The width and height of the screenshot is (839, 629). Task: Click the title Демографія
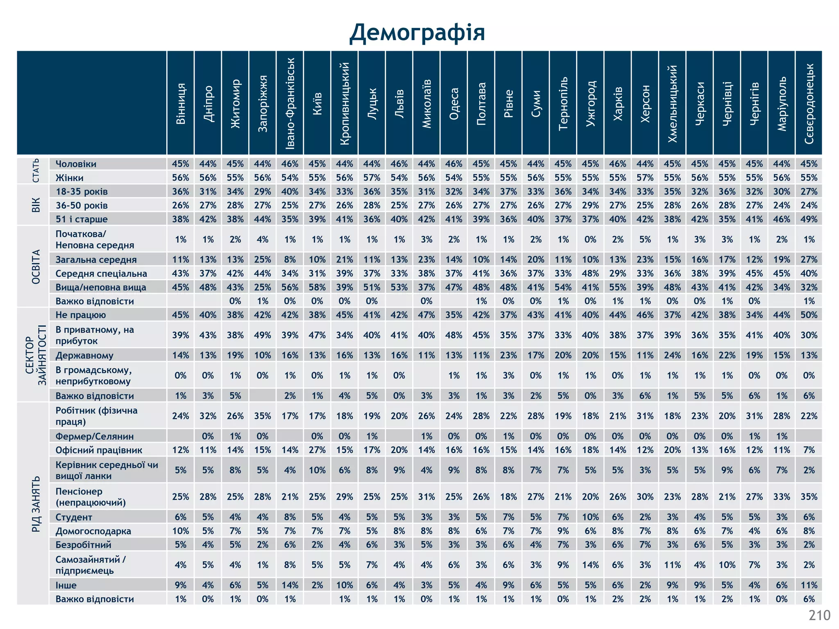pos(417,33)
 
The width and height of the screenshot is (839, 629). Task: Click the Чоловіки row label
pos(76,164)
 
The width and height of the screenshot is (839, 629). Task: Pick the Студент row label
pos(74,517)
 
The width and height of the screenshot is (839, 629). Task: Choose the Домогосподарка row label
pos(93,531)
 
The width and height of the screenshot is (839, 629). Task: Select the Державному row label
pos(84,355)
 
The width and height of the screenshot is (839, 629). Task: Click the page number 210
pos(819,615)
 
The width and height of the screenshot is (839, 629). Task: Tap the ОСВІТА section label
pos(36,267)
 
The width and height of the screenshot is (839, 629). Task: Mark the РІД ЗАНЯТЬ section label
pos(36,504)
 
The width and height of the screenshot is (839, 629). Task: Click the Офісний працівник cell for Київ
pos(317,450)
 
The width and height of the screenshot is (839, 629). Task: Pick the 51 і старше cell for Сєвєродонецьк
pos(809,219)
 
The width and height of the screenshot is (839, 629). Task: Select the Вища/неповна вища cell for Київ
pos(317,287)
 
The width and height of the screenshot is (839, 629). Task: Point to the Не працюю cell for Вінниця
pos(181,315)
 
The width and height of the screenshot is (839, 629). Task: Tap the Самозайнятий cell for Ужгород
pos(590,565)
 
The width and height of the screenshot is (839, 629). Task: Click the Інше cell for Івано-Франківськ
pos(290,585)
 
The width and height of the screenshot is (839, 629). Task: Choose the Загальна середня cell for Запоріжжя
pos(263,260)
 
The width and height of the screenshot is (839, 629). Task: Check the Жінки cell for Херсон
pos(645,178)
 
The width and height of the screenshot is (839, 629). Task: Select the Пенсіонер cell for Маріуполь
pos(782,497)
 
